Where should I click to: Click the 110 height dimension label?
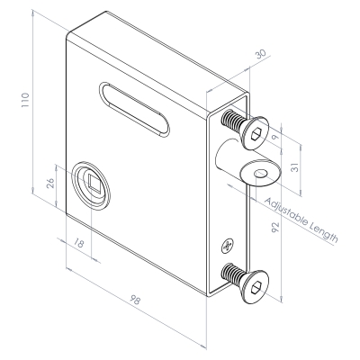coord(25,101)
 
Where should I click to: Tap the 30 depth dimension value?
coord(260,54)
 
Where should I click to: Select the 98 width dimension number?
coord(135,300)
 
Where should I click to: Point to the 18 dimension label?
coord(78,243)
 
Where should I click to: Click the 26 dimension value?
coord(50,183)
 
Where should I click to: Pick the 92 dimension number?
coord(274,227)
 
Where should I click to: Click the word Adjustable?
coord(286,212)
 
